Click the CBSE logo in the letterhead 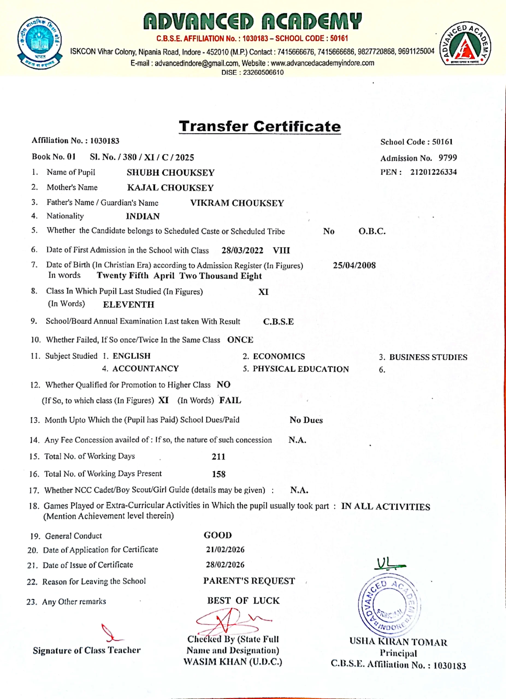click(x=39, y=43)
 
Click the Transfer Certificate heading click(x=260, y=127)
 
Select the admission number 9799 click(x=448, y=158)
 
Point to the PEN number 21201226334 click(x=433, y=172)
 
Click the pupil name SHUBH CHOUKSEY click(x=170, y=173)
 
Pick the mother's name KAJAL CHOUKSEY click(x=170, y=188)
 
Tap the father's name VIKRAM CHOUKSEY click(x=237, y=203)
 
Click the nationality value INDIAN click(x=143, y=216)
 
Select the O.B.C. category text click(x=372, y=232)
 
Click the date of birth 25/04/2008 click(x=354, y=265)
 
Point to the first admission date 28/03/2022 click(x=242, y=250)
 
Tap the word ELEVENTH click(x=129, y=304)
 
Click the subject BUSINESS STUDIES click(x=428, y=357)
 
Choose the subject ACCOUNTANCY click(x=146, y=369)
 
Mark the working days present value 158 click(x=218, y=474)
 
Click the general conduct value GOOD click(x=218, y=535)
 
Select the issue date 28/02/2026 click(x=225, y=565)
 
